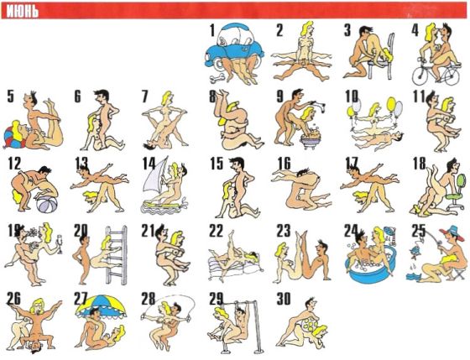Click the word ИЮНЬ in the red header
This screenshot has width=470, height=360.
(23, 12)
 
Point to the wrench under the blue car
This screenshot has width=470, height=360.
(217, 78)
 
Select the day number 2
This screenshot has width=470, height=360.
(279, 30)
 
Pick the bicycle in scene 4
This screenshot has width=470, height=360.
(436, 73)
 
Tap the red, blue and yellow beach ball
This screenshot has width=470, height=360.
(14, 137)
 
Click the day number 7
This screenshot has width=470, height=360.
(144, 97)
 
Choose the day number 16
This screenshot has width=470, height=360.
(285, 163)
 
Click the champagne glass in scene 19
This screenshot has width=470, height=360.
(60, 243)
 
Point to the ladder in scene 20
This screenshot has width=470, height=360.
(116, 255)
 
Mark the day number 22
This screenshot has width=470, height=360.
(217, 231)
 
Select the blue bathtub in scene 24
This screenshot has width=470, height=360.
(371, 269)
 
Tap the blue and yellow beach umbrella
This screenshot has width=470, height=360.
(101, 305)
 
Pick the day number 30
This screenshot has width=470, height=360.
(285, 299)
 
